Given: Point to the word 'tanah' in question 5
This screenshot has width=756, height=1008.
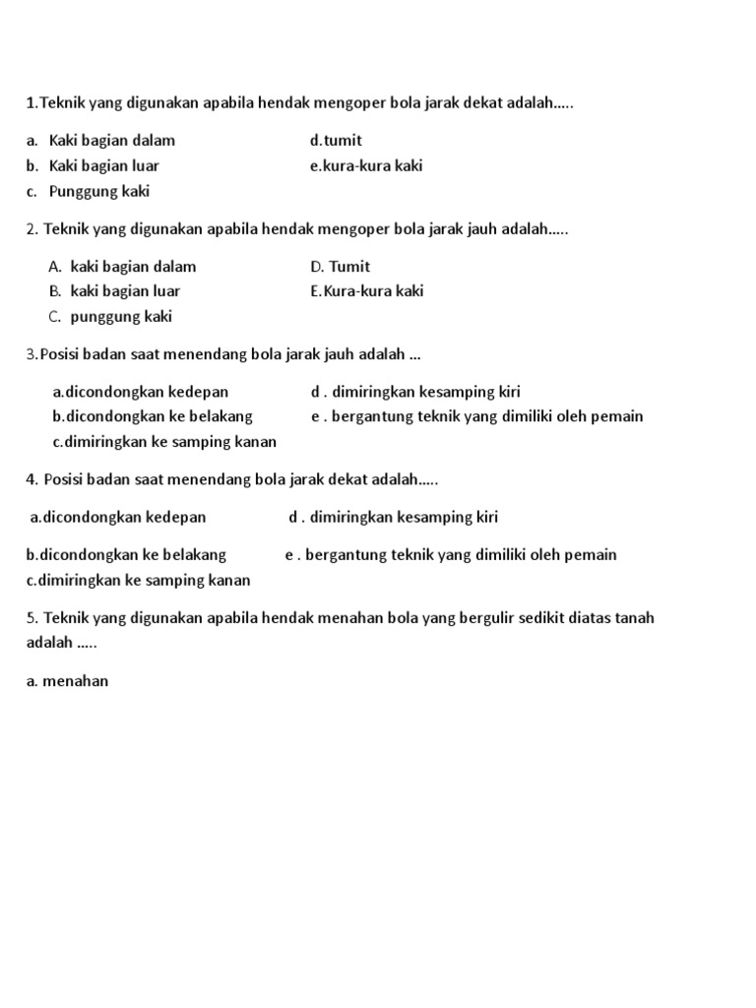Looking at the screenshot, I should click(633, 618).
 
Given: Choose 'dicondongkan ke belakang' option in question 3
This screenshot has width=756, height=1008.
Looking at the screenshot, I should click(153, 416).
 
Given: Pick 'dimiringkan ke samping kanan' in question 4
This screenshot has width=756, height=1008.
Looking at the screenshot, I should click(139, 580).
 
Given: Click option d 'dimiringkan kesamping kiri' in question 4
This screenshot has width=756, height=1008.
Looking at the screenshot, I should click(394, 517).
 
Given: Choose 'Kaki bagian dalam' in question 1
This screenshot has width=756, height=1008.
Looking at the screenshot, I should click(111, 141).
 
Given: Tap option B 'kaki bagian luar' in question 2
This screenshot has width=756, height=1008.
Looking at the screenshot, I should click(114, 291).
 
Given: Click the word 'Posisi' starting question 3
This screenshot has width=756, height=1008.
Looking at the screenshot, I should click(60, 354).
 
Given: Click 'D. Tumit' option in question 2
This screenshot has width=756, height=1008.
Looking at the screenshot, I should click(340, 267).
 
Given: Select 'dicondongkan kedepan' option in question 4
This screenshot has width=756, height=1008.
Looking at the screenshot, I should click(119, 517).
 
